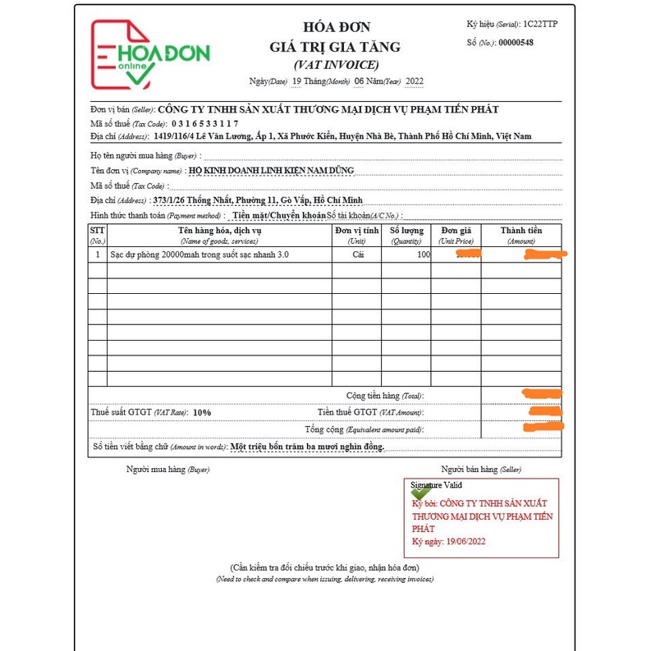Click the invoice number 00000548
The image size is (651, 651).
[x=516, y=42]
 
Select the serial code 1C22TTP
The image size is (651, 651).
[x=540, y=25]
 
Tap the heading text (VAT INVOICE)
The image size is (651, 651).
[x=336, y=64]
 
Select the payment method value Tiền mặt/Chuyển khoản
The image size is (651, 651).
[x=278, y=215]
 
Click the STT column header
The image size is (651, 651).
[x=97, y=235]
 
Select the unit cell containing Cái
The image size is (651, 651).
[x=356, y=255]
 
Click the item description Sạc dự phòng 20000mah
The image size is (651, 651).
[x=199, y=255]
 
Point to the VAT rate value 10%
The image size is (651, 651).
[x=202, y=412]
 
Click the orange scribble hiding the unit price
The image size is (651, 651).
[x=468, y=255]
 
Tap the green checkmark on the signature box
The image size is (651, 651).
[x=420, y=493]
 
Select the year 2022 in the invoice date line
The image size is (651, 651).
[x=415, y=81]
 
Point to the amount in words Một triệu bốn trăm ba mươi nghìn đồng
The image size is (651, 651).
[x=307, y=447]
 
